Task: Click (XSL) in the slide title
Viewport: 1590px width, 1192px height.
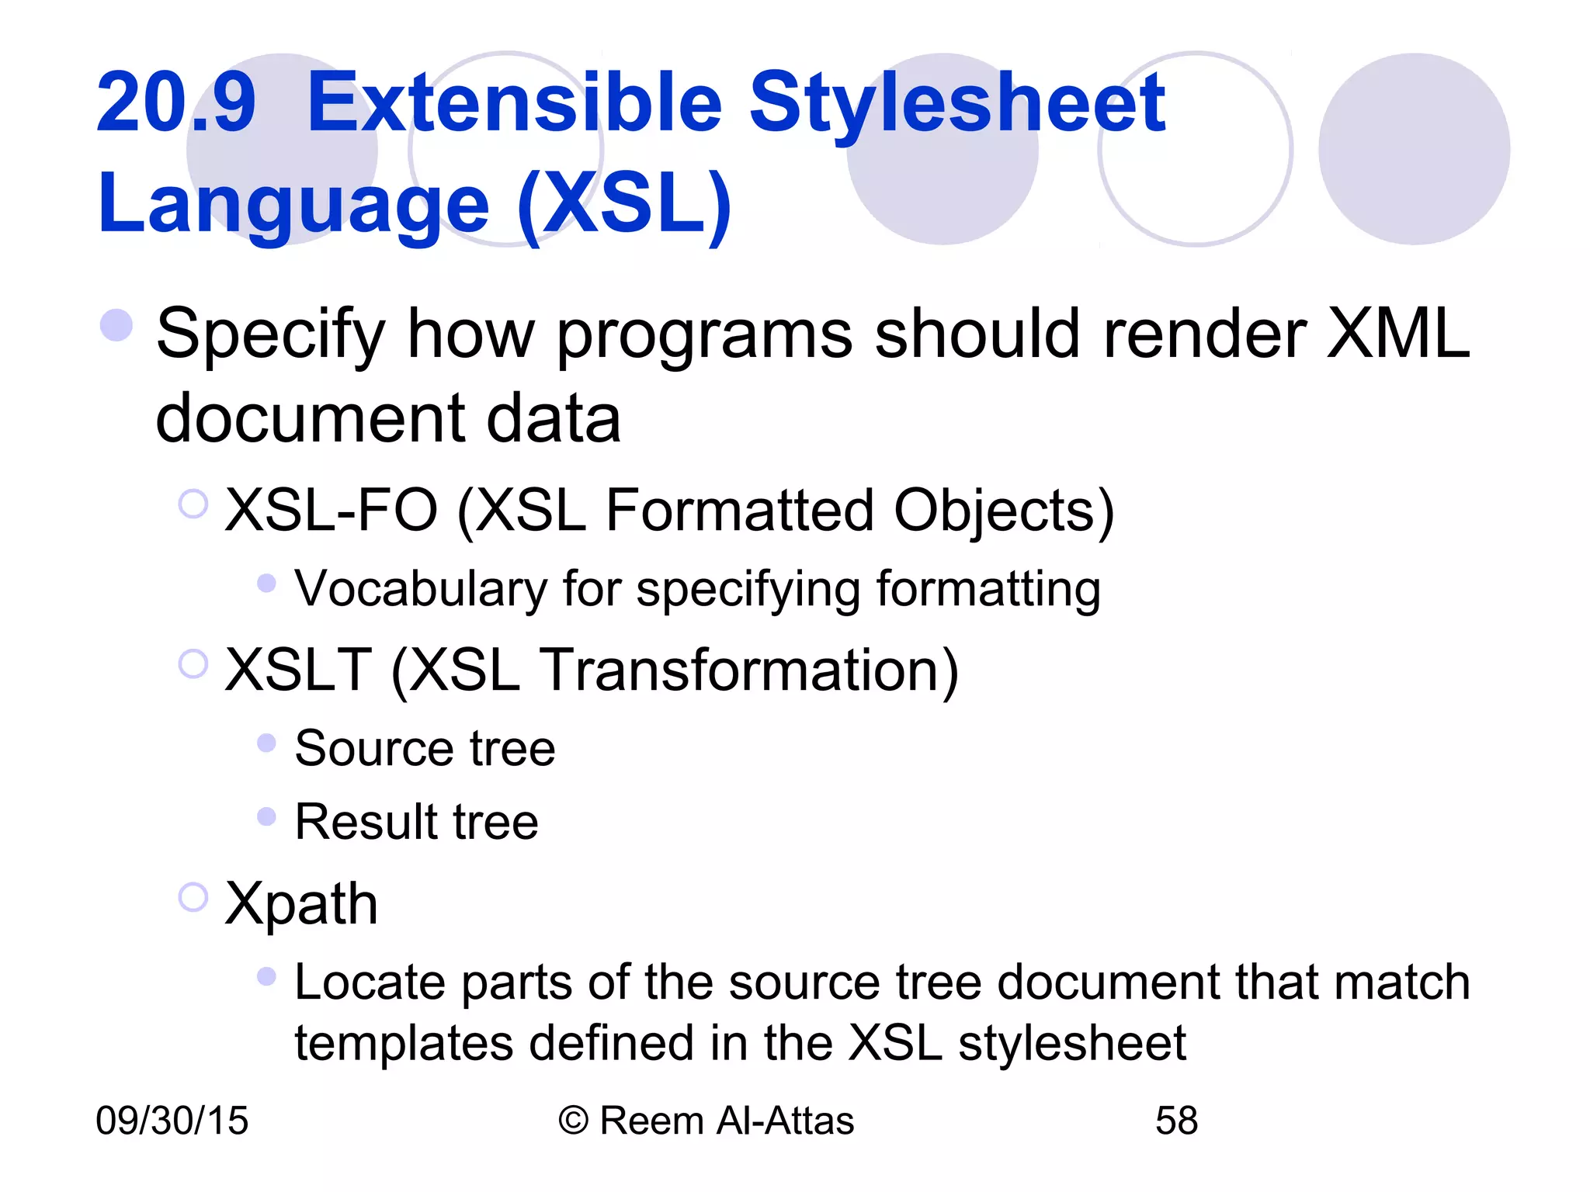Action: (625, 203)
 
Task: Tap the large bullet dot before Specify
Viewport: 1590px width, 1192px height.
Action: (116, 325)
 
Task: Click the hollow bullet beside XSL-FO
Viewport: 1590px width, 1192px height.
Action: (193, 504)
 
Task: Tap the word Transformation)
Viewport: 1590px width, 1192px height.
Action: (748, 670)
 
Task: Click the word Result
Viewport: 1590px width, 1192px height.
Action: (365, 822)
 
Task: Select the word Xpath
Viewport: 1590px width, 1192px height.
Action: (301, 905)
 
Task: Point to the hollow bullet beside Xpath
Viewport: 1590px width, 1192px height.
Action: (193, 897)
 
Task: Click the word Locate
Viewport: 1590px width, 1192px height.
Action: (370, 982)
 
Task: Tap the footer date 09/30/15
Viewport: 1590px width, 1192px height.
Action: (172, 1121)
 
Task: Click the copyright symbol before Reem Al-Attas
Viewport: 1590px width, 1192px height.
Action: (573, 1121)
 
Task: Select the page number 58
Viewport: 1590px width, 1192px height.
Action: (1176, 1121)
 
